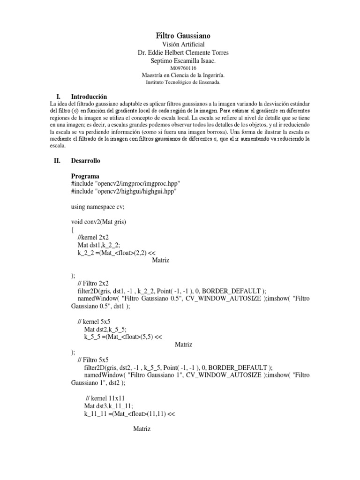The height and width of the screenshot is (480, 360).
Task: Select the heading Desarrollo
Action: pyautogui.click(x=85, y=161)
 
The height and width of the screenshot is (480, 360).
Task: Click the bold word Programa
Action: pyautogui.click(x=85, y=176)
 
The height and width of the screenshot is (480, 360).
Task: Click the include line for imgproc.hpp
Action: pyautogui.click(x=126, y=184)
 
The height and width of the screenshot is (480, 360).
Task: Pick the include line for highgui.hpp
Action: pyautogui.click(x=124, y=191)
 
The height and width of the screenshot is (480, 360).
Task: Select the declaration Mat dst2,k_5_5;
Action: pyautogui.click(x=106, y=329)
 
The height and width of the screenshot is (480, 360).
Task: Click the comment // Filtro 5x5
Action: pyautogui.click(x=92, y=360)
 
